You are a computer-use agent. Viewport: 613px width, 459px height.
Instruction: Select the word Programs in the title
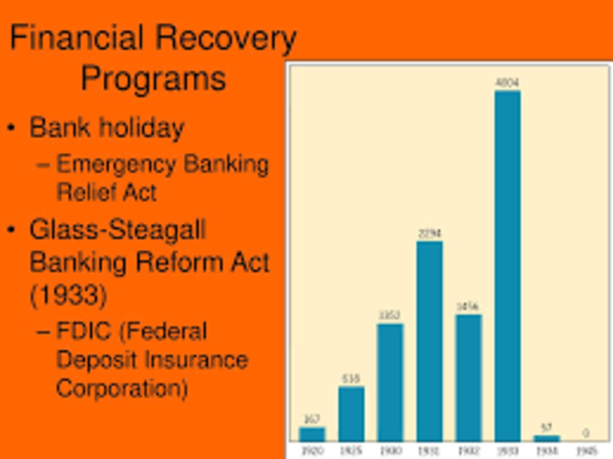[153, 77]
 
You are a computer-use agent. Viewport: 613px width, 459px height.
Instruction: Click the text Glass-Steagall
[118, 230]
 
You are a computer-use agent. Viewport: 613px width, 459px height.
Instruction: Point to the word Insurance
[197, 360]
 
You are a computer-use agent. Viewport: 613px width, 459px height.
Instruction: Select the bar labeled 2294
[429, 340]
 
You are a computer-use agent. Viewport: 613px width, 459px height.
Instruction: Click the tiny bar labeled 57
[547, 438]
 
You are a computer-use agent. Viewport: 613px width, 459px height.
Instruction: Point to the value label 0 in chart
[585, 433]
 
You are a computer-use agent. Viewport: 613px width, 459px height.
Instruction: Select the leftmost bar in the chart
[312, 433]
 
